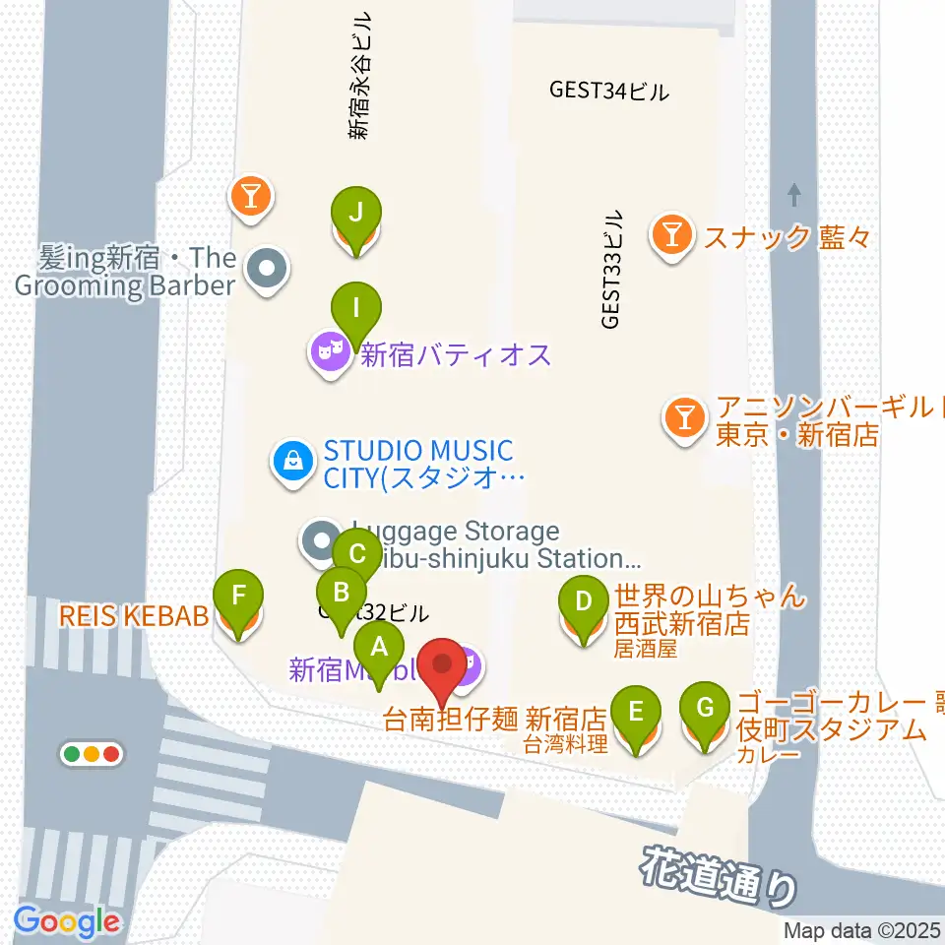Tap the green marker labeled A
(378, 649)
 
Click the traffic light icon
(91, 755)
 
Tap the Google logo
(67, 921)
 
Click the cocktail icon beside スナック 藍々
(671, 235)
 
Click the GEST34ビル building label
(608, 92)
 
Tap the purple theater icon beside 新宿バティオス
(331, 350)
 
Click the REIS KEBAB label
(134, 616)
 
